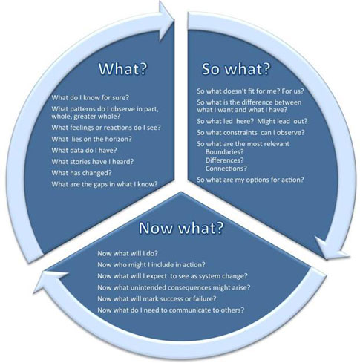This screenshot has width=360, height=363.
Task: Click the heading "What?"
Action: pos(122,68)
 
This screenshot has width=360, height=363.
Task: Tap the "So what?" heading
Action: pos(235,68)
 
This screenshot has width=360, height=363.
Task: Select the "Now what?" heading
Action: pos(181,227)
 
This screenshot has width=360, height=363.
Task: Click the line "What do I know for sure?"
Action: pos(91,97)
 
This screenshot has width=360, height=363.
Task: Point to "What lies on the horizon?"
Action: pos(91,139)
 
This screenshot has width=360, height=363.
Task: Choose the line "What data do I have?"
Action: pos(84,150)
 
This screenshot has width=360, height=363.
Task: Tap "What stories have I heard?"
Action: pos(93,162)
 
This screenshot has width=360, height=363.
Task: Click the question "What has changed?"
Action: pos(82,173)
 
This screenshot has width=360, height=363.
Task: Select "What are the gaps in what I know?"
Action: pos(105,184)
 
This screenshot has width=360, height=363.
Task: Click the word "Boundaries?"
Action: pos(224,151)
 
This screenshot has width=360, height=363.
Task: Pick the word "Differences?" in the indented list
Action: pos(224,160)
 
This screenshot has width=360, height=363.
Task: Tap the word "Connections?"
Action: pos(226,169)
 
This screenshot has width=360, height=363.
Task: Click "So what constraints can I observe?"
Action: pos(251,133)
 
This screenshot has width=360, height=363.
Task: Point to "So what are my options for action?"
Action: pos(250,180)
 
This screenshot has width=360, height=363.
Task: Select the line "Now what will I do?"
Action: pos(128,253)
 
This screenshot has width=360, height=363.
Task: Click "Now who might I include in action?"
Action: pos(151,265)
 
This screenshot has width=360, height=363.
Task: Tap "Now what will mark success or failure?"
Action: pos(157,298)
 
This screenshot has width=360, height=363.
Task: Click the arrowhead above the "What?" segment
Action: pos(166,21)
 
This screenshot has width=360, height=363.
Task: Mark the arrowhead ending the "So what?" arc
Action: pos(331,248)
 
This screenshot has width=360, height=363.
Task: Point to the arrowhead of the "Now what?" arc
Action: pos(50,280)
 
